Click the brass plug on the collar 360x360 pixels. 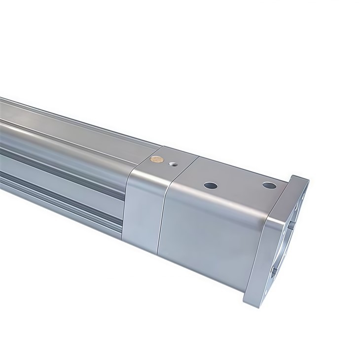click(157, 159)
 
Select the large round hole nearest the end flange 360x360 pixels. click(269, 185)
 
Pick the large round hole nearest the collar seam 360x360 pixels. click(211, 186)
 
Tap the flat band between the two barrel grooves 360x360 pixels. click(59, 173)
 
